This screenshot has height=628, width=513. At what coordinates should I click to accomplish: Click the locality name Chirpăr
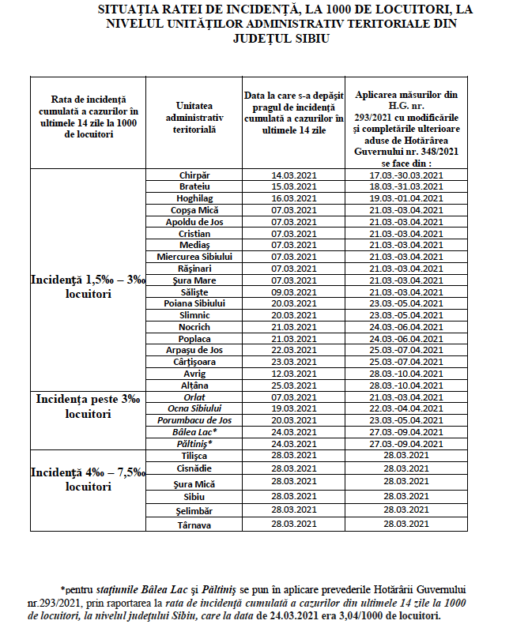194,175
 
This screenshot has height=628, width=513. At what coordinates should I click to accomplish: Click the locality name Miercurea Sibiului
194,257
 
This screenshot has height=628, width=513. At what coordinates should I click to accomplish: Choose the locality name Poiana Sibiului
194,303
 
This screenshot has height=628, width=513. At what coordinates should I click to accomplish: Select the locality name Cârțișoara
194,362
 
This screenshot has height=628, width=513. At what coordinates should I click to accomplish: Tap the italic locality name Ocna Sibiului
194,408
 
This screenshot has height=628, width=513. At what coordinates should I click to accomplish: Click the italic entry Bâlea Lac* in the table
194,432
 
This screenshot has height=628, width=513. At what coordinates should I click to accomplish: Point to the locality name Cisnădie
194,468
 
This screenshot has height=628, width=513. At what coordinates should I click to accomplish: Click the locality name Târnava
194,524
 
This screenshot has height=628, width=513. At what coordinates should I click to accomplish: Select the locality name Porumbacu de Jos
194,420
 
